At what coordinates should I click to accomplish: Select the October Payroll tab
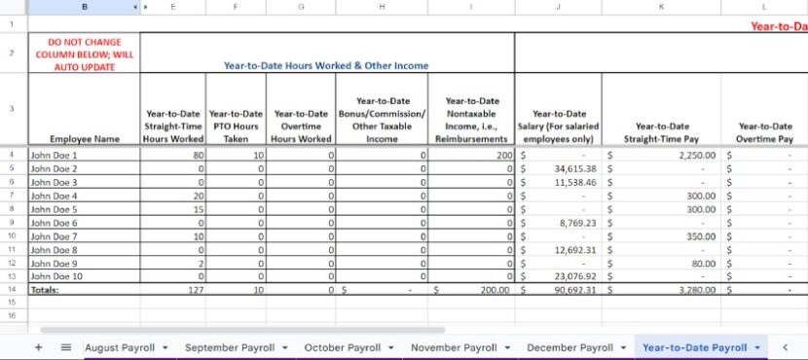click(x=342, y=347)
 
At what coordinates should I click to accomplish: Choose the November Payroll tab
click(x=453, y=347)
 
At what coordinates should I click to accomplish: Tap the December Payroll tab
click(x=569, y=347)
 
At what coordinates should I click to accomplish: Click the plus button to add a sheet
click(x=39, y=347)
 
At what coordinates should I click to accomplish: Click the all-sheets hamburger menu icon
click(x=66, y=347)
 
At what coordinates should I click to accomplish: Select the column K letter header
click(x=662, y=7)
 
